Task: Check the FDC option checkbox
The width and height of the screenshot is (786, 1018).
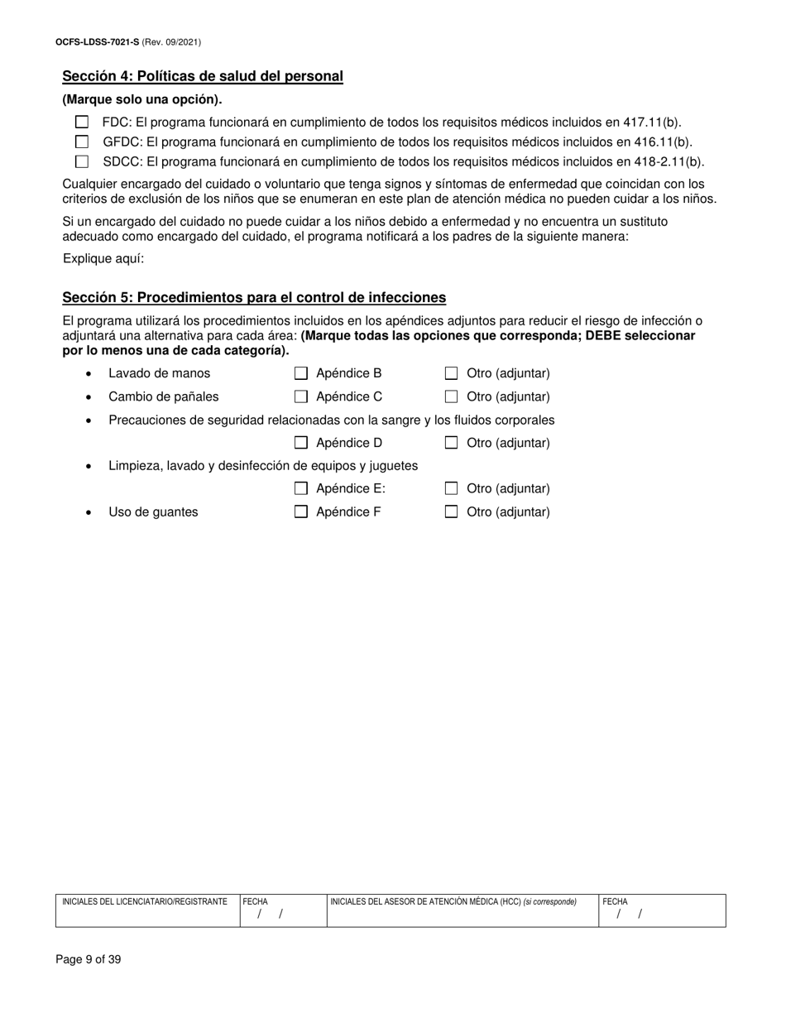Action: (x=82, y=122)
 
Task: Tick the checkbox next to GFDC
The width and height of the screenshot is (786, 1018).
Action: (x=82, y=142)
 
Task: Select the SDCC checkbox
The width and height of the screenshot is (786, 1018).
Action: (x=82, y=162)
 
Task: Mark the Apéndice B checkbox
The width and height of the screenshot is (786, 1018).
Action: (x=301, y=373)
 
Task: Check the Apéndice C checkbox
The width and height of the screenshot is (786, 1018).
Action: (x=301, y=396)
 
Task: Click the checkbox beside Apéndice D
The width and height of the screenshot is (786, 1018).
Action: (x=301, y=443)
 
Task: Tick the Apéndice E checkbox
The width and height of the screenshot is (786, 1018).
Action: (x=301, y=488)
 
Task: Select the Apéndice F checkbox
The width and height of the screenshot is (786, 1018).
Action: (x=301, y=511)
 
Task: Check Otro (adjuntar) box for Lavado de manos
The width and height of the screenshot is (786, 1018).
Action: (x=452, y=373)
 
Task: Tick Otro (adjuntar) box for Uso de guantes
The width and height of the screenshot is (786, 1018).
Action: (x=452, y=511)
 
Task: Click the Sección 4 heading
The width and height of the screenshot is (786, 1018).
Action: (x=203, y=77)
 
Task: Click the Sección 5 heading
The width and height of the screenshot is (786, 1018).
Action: (x=254, y=298)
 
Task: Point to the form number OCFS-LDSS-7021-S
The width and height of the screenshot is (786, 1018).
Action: (x=97, y=41)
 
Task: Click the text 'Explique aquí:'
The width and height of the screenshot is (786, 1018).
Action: (x=103, y=259)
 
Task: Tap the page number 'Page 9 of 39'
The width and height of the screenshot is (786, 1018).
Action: (x=89, y=960)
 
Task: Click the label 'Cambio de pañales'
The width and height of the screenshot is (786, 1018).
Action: (x=164, y=396)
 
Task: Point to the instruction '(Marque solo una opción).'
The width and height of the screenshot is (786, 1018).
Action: (x=142, y=100)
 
